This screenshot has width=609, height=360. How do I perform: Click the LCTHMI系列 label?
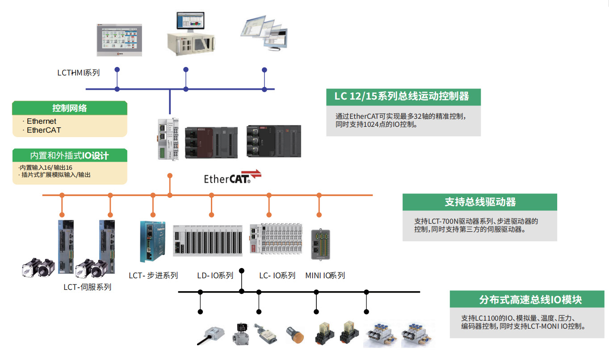coord(78,73)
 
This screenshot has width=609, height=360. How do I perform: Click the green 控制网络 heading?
coord(70,108)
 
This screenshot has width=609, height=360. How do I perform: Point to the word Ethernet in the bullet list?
coord(42,121)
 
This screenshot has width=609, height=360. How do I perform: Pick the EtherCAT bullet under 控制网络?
coord(44,130)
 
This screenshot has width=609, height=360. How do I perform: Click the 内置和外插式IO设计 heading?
coord(70,155)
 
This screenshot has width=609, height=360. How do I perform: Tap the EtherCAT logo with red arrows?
coord(232,178)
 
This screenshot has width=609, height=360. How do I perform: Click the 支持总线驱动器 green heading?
coord(480,202)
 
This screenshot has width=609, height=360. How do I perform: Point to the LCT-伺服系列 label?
coord(87,287)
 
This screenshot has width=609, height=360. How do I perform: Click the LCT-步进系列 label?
coord(153,276)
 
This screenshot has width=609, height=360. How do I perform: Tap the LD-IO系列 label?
coord(215,276)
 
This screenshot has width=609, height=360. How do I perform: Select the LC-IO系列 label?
coord(277,276)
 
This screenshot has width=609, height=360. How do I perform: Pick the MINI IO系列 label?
coord(325,276)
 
